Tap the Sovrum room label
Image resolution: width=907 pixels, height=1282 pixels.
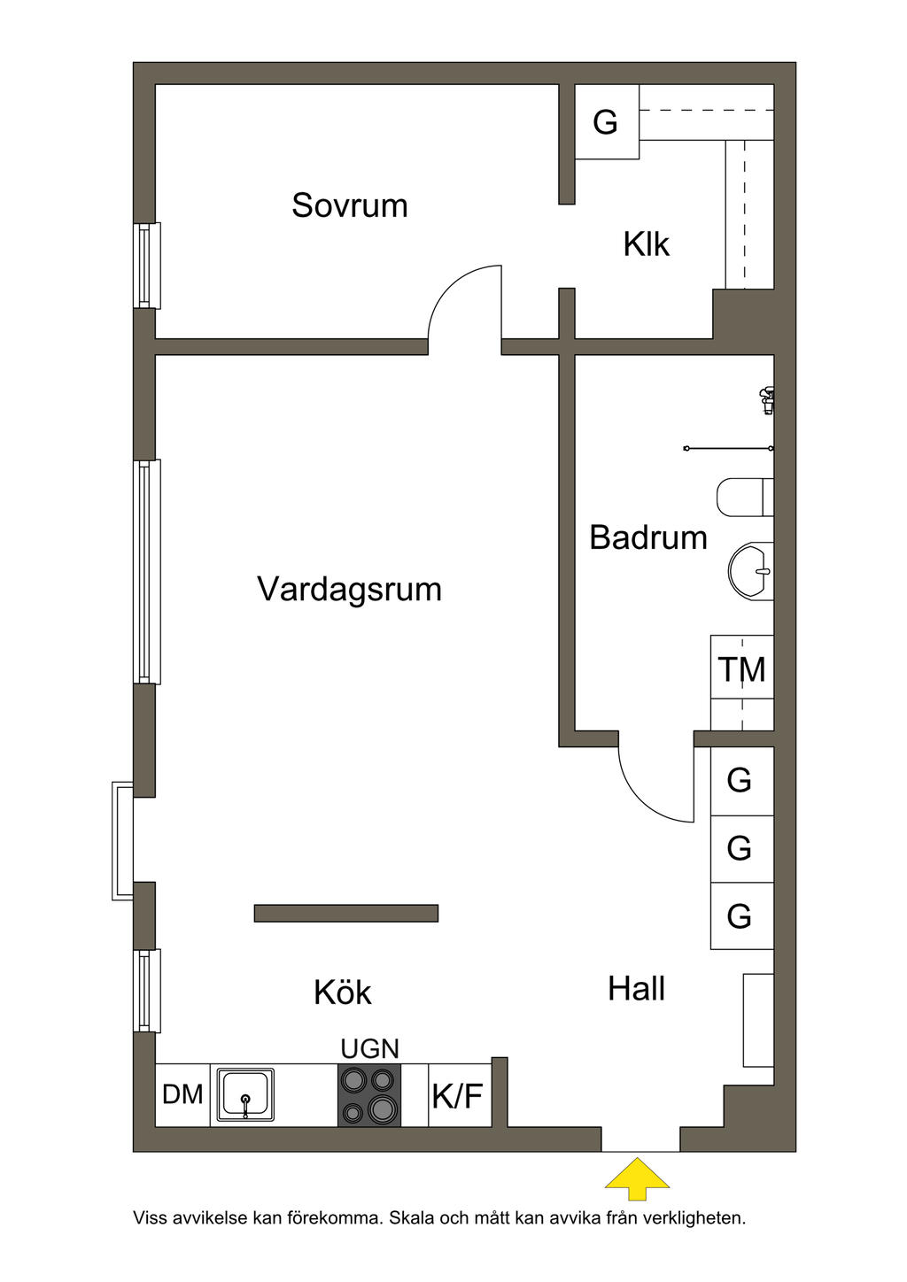coord(350,205)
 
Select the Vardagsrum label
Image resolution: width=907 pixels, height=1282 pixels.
coord(349,589)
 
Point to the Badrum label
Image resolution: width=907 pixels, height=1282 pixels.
coord(647,537)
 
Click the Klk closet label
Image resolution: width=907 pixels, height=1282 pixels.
coord(646,244)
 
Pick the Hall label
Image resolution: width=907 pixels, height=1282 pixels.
coord(636,989)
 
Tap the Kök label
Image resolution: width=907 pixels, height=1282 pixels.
coord(342,992)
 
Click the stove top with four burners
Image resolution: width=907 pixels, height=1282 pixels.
coord(369,1095)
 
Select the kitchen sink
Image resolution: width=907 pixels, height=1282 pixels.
coord(245,1095)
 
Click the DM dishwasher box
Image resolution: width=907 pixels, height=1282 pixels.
coord(182,1095)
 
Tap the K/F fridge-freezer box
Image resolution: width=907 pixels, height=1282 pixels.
coord(458,1096)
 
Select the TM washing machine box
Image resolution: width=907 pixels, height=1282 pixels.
coord(741,669)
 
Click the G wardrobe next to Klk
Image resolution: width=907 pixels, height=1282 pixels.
coord(606,122)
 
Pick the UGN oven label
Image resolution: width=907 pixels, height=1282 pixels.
coord(369,1049)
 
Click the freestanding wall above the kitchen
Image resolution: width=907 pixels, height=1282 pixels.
coord(346,913)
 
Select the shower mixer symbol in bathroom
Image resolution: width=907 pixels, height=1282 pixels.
coord(766,400)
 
